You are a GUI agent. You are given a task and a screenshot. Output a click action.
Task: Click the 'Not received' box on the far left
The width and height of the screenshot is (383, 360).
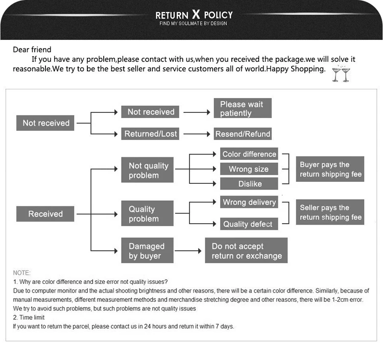(46, 123)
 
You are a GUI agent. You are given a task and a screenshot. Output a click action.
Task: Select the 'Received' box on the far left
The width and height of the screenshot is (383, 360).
(45, 214)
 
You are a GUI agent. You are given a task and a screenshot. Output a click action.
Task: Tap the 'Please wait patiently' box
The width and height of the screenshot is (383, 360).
(242, 108)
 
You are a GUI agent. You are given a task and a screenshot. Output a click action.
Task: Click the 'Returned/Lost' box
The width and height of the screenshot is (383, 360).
(151, 134)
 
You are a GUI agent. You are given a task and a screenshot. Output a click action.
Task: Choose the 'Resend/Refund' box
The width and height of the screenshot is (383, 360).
(243, 134)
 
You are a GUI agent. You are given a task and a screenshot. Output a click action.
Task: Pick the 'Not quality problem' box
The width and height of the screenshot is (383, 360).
(148, 170)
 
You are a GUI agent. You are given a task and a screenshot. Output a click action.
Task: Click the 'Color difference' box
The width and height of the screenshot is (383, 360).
(249, 154)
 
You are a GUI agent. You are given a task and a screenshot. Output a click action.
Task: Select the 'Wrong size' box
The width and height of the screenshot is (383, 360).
(249, 169)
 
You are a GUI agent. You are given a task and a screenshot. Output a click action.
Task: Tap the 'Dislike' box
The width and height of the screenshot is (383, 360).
(249, 183)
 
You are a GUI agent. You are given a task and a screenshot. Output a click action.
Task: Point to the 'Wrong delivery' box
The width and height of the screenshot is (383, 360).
(249, 202)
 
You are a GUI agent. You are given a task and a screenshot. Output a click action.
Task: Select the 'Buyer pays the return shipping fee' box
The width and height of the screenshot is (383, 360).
(330, 170)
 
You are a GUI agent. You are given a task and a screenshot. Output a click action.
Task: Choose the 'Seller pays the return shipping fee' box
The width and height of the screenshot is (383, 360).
(330, 212)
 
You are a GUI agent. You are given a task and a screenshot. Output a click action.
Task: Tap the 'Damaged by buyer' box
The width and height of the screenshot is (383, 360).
(148, 251)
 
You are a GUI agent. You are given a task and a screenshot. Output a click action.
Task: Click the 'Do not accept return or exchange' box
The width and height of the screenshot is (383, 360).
(246, 251)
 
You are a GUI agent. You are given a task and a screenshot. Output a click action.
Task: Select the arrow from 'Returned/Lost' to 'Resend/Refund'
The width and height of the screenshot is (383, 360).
(197, 134)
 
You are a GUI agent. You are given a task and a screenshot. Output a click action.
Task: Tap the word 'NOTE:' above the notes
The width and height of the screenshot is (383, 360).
(22, 273)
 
